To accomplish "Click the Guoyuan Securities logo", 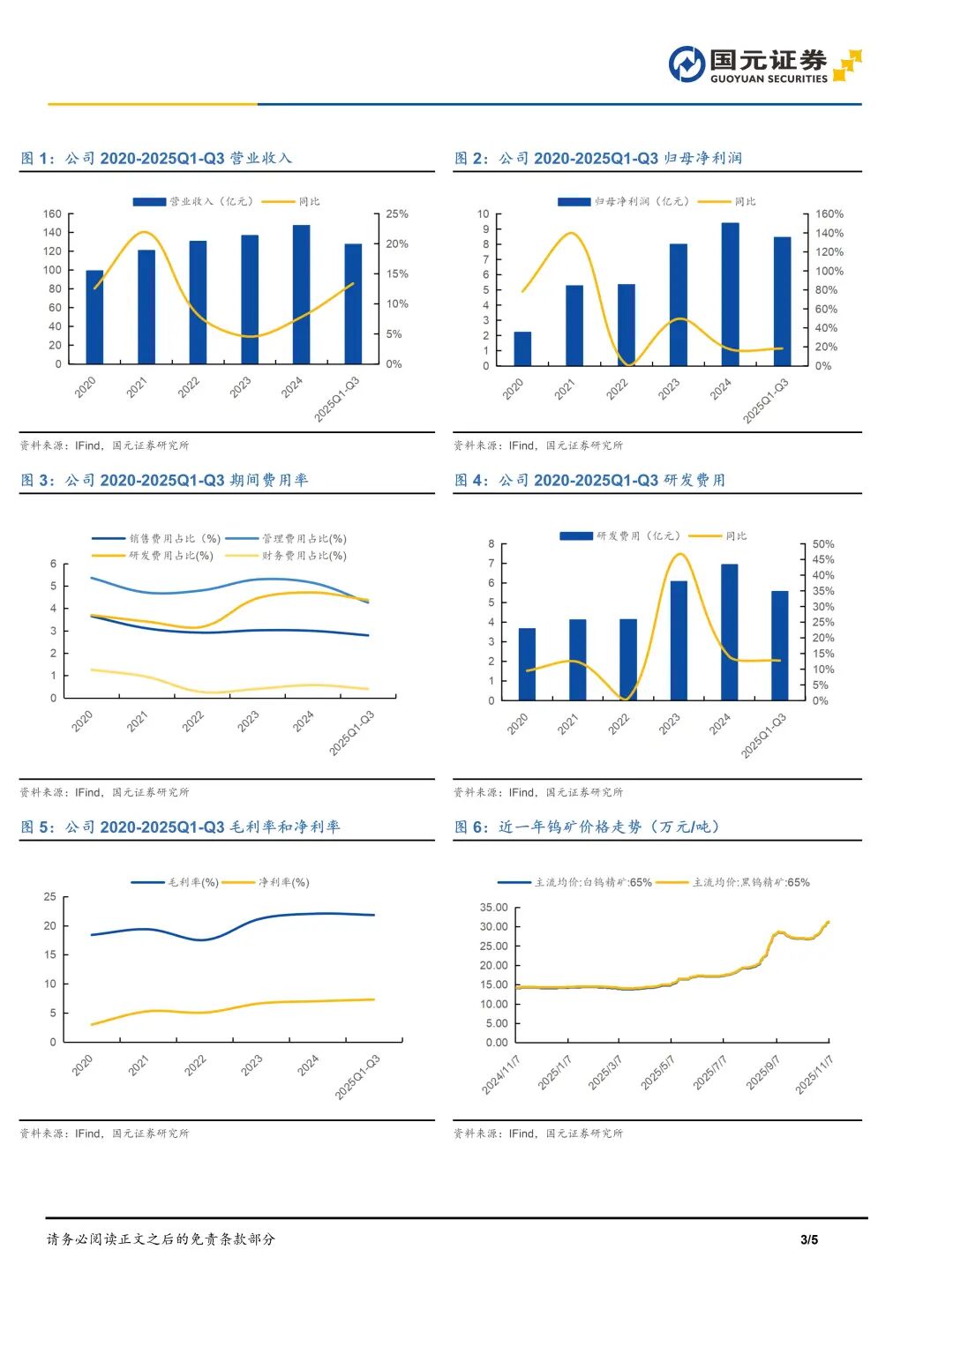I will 764,64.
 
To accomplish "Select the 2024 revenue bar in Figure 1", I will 301,294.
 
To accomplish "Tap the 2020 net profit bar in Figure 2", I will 522,348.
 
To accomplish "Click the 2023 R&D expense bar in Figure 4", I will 679,640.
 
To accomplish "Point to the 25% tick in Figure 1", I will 397,214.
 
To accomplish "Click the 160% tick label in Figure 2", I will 829,214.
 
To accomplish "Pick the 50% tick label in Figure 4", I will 822,544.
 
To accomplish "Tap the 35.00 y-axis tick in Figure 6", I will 493,908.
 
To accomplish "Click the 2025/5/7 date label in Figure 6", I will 657,1073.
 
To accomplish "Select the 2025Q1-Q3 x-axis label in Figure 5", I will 357,1077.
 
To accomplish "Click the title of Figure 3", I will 164,481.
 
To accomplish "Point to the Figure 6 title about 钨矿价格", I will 587,827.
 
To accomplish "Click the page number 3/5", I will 809,1239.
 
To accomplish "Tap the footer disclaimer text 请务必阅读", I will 161,1239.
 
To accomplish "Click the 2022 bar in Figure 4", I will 628,660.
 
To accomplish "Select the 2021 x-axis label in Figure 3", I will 138,722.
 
